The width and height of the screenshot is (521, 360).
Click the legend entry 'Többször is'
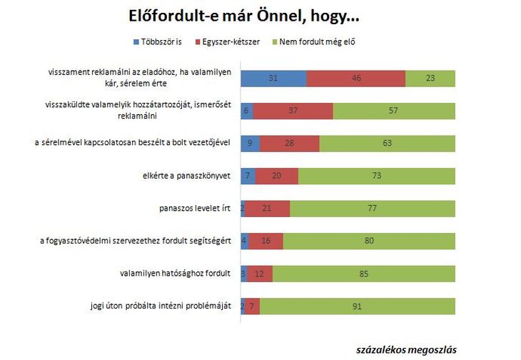click(x=158, y=41)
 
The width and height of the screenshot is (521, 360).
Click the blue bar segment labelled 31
click(x=273, y=78)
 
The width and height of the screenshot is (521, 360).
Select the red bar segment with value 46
click(x=355, y=78)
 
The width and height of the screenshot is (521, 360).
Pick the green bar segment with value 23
click(x=430, y=78)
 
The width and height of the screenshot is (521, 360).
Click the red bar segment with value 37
click(x=293, y=111)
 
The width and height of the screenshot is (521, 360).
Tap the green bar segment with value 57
click(x=394, y=111)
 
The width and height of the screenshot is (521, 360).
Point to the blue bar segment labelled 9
click(x=251, y=143)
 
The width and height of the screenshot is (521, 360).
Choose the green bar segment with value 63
click(x=388, y=143)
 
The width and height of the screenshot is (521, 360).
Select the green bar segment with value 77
click(x=373, y=209)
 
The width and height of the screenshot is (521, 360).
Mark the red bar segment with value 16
click(x=266, y=241)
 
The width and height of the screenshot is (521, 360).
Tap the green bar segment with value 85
click(x=364, y=274)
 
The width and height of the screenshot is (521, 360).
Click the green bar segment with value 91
click(x=358, y=306)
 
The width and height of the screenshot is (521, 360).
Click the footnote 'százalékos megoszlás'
click(x=406, y=349)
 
